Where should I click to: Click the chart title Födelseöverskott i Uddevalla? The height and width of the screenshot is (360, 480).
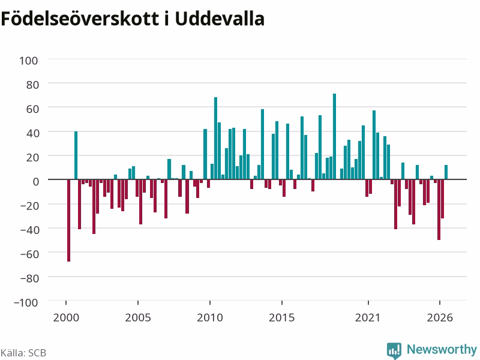pyautogui.click(x=133, y=19)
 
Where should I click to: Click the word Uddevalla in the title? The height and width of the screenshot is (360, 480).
pyautogui.click(x=220, y=19)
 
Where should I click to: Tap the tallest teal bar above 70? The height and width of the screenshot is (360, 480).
pyautogui.click(x=334, y=136)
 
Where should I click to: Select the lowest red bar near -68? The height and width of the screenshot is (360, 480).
pyautogui.click(x=68, y=220)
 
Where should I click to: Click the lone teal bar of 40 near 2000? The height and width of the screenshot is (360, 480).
pyautogui.click(x=76, y=155)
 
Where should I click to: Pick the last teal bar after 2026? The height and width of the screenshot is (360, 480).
pyautogui.click(x=446, y=172)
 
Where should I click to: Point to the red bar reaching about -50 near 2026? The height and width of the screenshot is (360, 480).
pyautogui.click(x=439, y=209)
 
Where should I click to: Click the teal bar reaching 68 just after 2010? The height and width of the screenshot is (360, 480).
pyautogui.click(x=215, y=138)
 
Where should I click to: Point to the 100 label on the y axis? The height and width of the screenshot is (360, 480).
pyautogui.click(x=29, y=61)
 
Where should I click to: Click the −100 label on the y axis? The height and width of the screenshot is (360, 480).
pyautogui.click(x=26, y=302)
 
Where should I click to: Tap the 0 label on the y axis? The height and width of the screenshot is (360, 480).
pyautogui.click(x=36, y=181)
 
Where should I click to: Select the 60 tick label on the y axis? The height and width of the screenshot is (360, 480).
pyautogui.click(x=32, y=109)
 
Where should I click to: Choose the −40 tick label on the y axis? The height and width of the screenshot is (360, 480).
pyautogui.click(x=29, y=230)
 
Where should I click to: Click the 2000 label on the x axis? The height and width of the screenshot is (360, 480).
pyautogui.click(x=66, y=317)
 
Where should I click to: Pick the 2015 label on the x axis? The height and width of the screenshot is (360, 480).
pyautogui.click(x=281, y=317)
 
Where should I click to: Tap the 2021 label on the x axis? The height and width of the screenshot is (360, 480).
pyautogui.click(x=368, y=317)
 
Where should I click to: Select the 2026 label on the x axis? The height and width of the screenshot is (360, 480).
pyautogui.click(x=440, y=317)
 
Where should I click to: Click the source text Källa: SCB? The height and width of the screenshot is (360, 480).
pyautogui.click(x=23, y=353)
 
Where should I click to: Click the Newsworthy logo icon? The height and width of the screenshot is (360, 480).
pyautogui.click(x=394, y=350)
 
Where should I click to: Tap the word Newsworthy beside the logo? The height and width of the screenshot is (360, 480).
pyautogui.click(x=442, y=349)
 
